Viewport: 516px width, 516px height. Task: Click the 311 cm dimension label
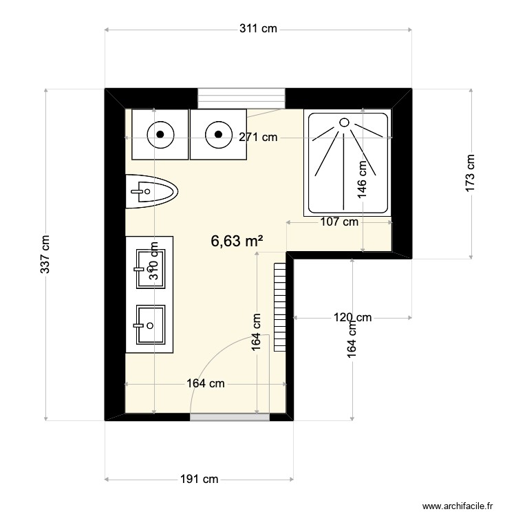258,29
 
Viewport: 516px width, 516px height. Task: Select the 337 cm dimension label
45,255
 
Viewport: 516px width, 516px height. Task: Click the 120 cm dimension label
352,317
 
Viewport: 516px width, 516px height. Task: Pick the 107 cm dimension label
339,222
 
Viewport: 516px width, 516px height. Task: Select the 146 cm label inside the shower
362,180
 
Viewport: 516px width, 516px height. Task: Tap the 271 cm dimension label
258,137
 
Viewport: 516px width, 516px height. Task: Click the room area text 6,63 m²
237,241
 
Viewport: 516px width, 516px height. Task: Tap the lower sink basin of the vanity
150,325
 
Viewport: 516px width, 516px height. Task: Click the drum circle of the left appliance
160,134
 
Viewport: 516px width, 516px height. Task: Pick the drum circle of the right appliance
218,134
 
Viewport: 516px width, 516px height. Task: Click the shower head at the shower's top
344,122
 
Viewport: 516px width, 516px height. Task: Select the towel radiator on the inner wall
279,306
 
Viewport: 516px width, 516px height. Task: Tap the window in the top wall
241,98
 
